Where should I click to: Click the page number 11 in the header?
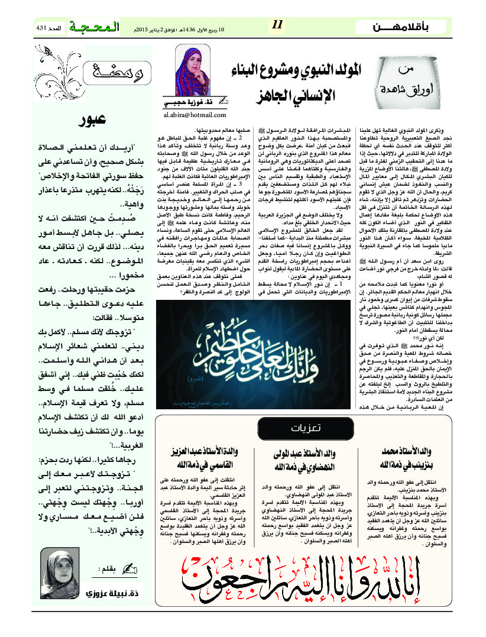[278, 24]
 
